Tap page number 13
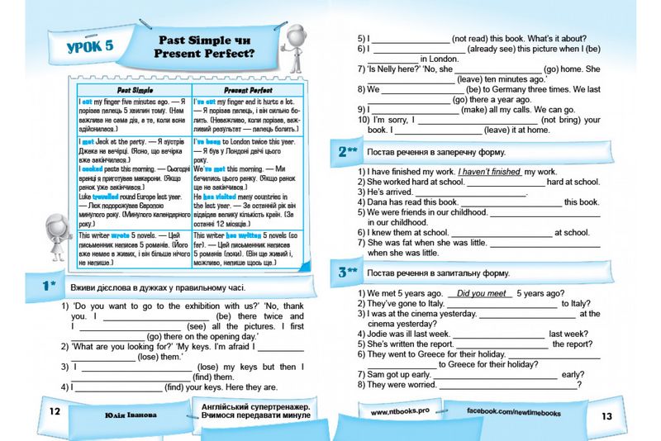[x=606, y=415]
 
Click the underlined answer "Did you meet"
[x=481, y=292]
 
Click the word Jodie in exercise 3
[x=381, y=334]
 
